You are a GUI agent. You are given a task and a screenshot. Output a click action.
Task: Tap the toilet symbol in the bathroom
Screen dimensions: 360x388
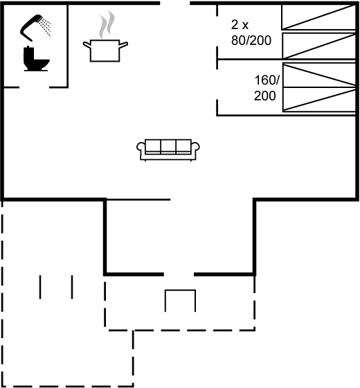click(x=36, y=58)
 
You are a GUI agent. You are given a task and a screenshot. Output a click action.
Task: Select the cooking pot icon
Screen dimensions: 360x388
click(x=105, y=51)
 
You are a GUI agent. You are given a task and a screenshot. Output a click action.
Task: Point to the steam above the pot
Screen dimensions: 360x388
click(x=107, y=24)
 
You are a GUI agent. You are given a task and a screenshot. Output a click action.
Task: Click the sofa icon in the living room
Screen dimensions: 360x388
click(x=168, y=150)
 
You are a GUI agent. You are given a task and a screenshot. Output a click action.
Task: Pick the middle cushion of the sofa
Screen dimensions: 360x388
click(x=168, y=146)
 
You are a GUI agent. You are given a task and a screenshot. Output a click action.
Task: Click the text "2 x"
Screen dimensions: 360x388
click(x=240, y=25)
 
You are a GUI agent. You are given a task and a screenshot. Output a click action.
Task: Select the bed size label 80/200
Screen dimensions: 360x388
click(x=251, y=40)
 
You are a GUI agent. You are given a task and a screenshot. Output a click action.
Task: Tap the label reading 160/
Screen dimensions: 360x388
click(x=267, y=80)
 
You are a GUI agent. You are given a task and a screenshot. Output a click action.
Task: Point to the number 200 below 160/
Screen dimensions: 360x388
click(x=264, y=96)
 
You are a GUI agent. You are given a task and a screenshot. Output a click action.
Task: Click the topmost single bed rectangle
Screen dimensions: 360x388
click(x=318, y=17)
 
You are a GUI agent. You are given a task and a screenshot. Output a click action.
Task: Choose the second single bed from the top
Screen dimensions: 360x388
click(x=319, y=46)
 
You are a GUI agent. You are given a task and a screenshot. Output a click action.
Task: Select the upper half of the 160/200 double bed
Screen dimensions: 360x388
click(x=319, y=76)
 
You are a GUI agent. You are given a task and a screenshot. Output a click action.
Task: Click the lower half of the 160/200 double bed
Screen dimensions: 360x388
click(x=319, y=99)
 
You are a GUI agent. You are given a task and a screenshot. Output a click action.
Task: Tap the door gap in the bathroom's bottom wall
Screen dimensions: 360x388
click(x=34, y=87)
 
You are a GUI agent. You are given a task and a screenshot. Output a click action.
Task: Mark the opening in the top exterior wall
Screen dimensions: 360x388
click(x=174, y=3)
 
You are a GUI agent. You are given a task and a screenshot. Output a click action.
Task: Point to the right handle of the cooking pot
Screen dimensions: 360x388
click(x=124, y=45)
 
